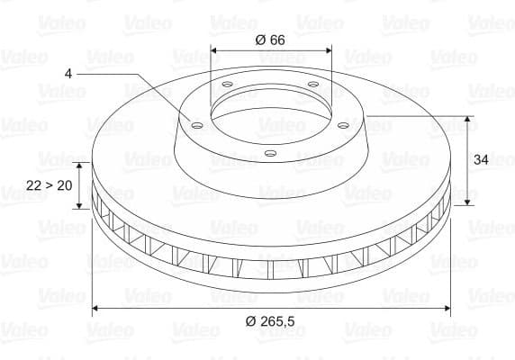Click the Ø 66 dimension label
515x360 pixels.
pos(271,40)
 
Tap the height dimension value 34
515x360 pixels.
pos(482,159)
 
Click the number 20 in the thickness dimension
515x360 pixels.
pos(63,185)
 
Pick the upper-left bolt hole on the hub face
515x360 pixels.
pos(226,85)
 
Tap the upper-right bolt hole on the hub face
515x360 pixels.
pos(312,85)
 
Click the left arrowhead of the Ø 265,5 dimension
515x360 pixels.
pos(96,309)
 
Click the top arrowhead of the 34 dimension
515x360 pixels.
pos(467,119)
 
